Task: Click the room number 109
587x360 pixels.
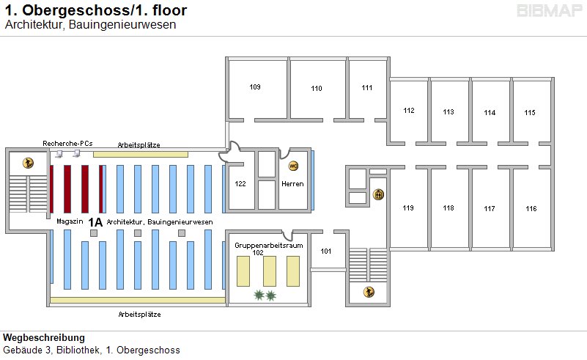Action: (255, 87)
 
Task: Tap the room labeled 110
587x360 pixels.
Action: (316, 89)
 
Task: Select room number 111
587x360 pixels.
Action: (367, 88)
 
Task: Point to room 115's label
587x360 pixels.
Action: (530, 112)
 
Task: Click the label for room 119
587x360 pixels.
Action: (408, 208)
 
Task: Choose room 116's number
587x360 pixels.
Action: (531, 209)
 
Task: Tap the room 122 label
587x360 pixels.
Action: (240, 183)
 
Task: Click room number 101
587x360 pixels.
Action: (326, 251)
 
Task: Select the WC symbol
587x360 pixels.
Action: (294, 166)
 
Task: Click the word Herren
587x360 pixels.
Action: (292, 183)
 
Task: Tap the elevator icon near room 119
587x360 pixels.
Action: (379, 194)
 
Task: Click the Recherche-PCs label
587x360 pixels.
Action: (67, 143)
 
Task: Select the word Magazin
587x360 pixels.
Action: (67, 221)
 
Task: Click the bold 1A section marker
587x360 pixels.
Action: (95, 221)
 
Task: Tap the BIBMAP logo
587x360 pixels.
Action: (550, 11)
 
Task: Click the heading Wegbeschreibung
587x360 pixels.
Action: (44, 338)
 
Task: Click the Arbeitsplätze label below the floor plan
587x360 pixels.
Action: (139, 314)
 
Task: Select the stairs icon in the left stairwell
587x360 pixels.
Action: (28, 163)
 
